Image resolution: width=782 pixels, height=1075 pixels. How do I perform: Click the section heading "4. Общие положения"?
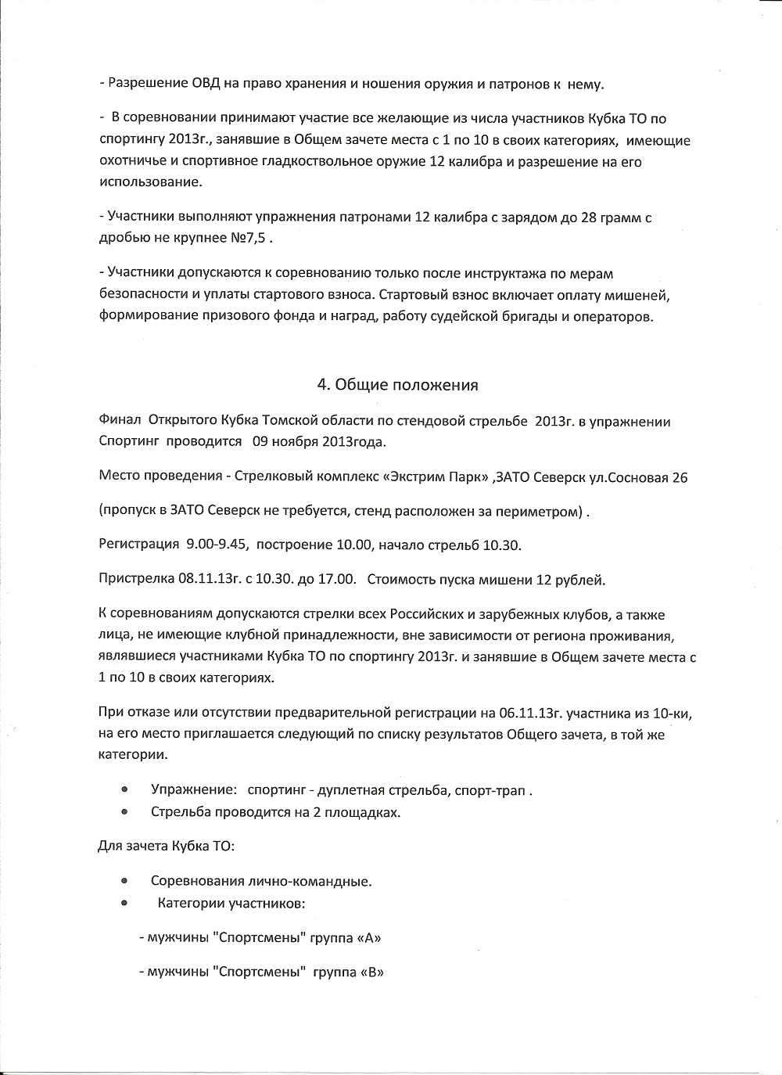click(x=397, y=385)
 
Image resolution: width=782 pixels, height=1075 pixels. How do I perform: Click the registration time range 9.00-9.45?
click(x=217, y=544)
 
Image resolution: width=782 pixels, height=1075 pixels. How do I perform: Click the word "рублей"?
click(x=581, y=580)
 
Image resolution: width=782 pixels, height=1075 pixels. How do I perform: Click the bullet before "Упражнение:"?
click(x=124, y=789)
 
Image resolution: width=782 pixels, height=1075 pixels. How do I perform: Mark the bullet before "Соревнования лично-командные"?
click(x=124, y=880)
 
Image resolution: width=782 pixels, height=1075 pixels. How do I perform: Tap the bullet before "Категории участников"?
click(x=124, y=902)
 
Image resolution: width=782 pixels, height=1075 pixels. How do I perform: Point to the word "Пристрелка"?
click(x=136, y=580)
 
